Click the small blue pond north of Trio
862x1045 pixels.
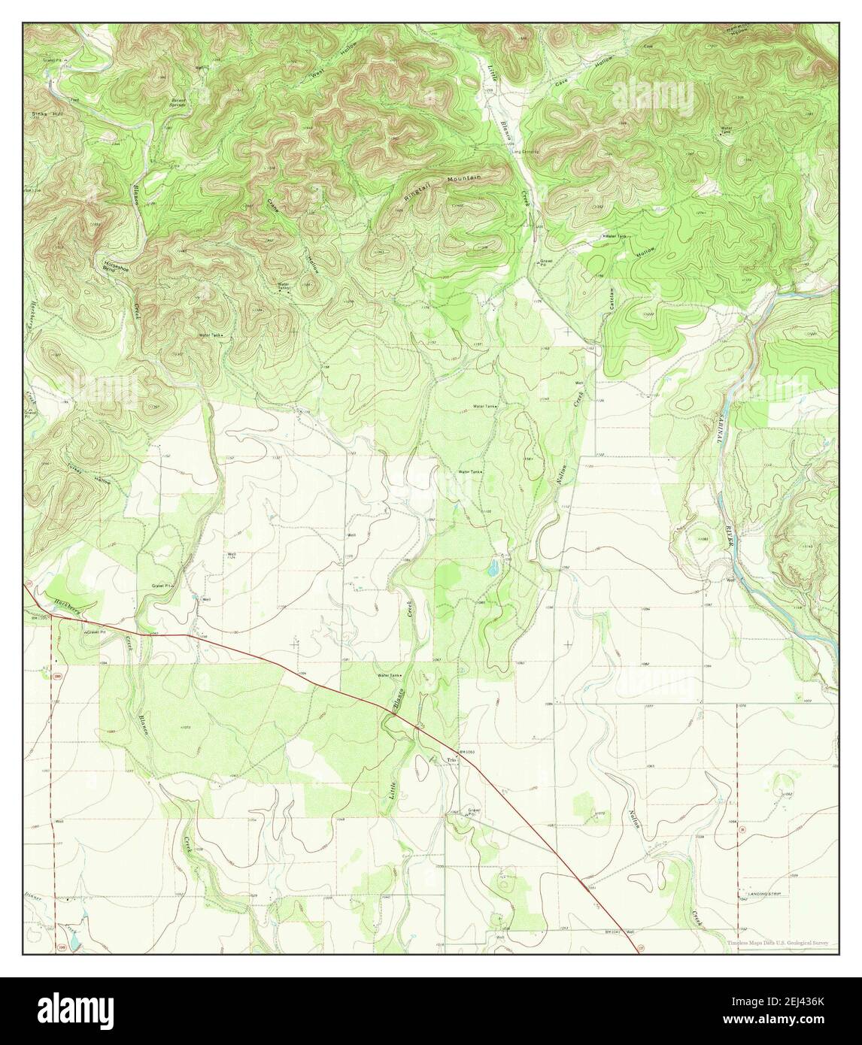click(x=493, y=568)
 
